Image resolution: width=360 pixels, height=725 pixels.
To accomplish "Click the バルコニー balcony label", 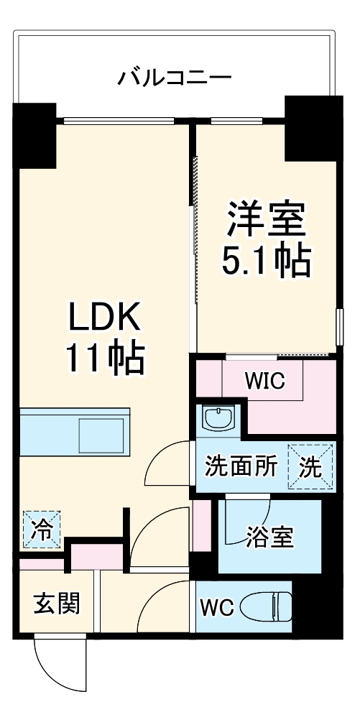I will point(175,76).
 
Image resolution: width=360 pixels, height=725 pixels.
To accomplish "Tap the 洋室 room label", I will point(267,219).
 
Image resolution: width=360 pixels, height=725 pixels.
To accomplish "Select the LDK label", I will point(107,316).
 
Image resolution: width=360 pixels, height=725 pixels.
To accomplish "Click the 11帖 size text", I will point(106,356).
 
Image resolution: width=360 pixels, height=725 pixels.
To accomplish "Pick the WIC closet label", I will point(265,381).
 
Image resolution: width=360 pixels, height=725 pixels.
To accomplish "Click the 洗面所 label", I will point(241,467).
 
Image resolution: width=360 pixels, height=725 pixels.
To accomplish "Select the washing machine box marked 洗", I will point(311,467).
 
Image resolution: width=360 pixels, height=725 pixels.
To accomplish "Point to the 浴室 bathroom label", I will point(269,537).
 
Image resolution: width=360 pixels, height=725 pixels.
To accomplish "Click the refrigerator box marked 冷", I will point(41,529).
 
